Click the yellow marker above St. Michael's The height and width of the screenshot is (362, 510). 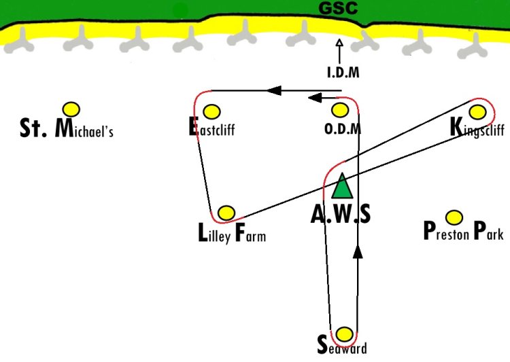71,109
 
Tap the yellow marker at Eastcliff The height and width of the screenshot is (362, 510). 211,111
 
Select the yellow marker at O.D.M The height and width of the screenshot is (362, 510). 340,110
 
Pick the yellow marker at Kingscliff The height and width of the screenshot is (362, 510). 477,112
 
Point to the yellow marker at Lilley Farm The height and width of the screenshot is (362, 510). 226,213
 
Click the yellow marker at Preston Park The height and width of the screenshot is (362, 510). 454,217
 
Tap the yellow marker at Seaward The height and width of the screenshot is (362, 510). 344,334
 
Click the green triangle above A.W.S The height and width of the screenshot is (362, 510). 342,186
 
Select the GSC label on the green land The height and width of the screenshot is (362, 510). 338,8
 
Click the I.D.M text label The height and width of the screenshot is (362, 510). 343,72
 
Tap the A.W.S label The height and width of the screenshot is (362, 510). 341,214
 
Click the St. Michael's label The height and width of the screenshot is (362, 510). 67,128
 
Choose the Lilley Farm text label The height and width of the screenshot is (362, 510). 232,234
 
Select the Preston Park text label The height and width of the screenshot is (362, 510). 464,231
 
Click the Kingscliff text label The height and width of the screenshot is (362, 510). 477,128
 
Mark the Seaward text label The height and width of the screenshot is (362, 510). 342,345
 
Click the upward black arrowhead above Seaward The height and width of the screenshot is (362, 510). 358,252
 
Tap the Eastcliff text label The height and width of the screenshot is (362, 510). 211,127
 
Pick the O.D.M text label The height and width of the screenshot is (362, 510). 343,128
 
